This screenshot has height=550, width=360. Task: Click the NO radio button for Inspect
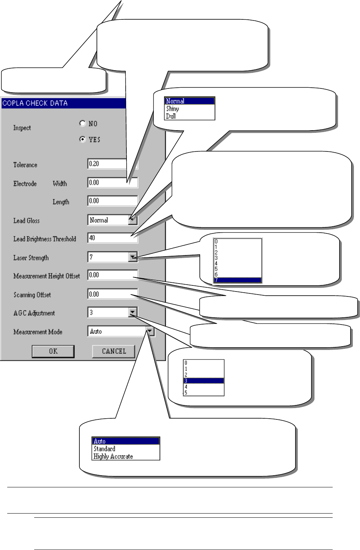point(83,123)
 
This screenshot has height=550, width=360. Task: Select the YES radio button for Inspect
point(83,139)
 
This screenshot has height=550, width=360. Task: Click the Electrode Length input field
point(112,201)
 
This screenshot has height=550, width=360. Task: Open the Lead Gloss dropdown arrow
point(133,220)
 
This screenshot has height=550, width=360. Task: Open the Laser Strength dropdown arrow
point(133,257)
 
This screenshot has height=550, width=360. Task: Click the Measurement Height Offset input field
point(112,275)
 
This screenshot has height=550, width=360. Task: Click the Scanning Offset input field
point(112,294)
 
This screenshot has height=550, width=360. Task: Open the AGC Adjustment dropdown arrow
point(133,312)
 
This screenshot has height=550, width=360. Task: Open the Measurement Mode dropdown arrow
point(150,331)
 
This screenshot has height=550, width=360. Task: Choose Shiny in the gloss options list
point(173,109)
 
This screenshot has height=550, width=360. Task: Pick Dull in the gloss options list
point(171,116)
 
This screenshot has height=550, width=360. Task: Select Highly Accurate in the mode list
point(113,456)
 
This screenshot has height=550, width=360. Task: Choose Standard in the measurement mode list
point(104,449)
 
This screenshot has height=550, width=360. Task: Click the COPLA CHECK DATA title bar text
point(35,103)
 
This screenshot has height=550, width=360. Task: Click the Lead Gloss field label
point(27,221)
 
